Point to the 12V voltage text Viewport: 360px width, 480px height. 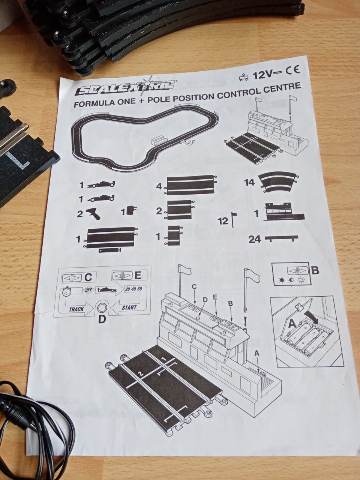[x=262, y=75]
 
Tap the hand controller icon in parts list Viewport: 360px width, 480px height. [x=93, y=214]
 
